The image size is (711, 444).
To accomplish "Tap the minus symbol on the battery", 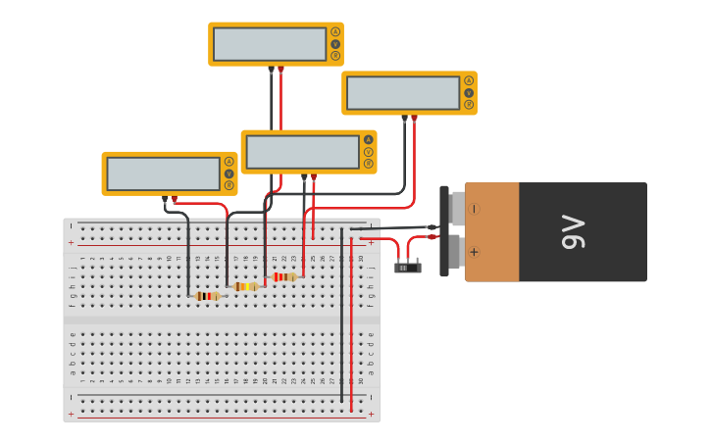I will [x=475, y=209].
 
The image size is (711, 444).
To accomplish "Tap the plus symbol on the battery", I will [x=475, y=252].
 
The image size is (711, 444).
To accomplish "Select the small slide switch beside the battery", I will [x=407, y=267].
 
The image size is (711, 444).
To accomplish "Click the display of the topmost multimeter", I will [x=270, y=44].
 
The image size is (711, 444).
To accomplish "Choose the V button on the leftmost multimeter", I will [x=229, y=173].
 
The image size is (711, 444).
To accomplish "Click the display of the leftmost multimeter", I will [x=163, y=173].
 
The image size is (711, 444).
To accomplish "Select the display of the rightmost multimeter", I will [x=403, y=93].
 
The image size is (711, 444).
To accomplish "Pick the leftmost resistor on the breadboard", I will [x=207, y=295].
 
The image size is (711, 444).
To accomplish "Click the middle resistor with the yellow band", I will [x=245, y=286].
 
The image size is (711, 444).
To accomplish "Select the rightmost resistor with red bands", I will [x=283, y=276].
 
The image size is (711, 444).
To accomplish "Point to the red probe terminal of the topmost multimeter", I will [x=280, y=69].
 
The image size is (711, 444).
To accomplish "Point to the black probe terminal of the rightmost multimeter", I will [x=404, y=118].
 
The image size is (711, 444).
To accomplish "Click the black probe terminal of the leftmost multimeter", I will [x=165, y=198].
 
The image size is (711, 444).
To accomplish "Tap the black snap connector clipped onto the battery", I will [x=444, y=231].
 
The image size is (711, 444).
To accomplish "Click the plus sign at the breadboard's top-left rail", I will [x=71, y=241].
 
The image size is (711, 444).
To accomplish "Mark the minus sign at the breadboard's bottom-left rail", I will [x=71, y=397].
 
